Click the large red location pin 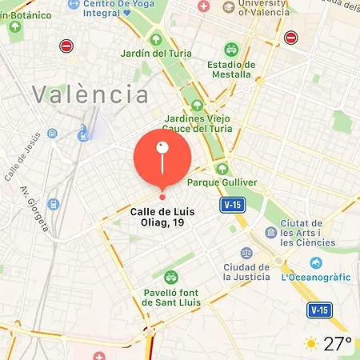click(162, 157)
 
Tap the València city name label click(91, 95)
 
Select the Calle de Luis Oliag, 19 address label click(162, 218)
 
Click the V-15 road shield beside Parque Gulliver click(232, 205)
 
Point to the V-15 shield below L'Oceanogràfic click(319, 309)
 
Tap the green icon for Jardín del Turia click(155, 38)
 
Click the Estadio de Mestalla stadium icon click(231, 50)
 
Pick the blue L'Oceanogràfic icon click(317, 263)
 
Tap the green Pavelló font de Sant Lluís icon click(170, 278)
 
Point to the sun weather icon click(310, 344)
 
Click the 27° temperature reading click(338, 344)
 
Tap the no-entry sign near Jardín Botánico click(66, 46)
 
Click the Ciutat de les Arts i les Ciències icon click(271, 233)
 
